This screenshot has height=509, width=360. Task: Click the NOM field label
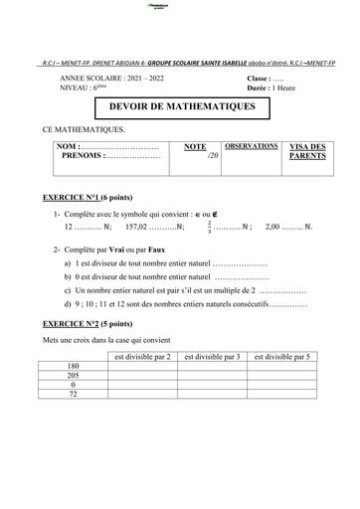[75, 146]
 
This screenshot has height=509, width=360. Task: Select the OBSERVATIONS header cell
[251, 146]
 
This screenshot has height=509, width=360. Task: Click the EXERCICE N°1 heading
[90, 199]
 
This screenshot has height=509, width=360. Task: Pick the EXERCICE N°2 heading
[90, 324]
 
